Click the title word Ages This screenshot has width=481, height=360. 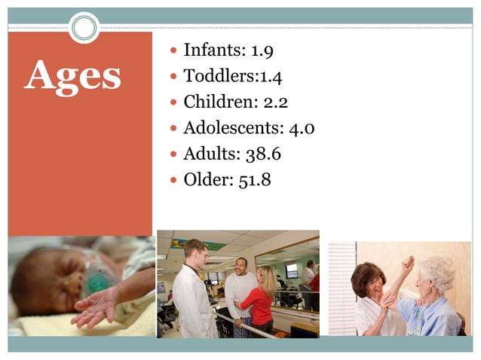(x=72, y=75)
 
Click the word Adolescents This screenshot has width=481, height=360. (x=234, y=128)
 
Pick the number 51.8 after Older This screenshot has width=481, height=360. (x=255, y=180)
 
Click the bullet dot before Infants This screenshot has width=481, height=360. (x=173, y=52)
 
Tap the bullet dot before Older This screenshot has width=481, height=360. (x=173, y=181)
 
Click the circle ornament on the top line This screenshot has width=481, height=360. (x=84, y=28)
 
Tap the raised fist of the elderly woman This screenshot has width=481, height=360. (x=408, y=264)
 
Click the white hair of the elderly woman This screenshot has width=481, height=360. (x=438, y=271)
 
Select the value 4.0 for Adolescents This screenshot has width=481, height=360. (x=302, y=128)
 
